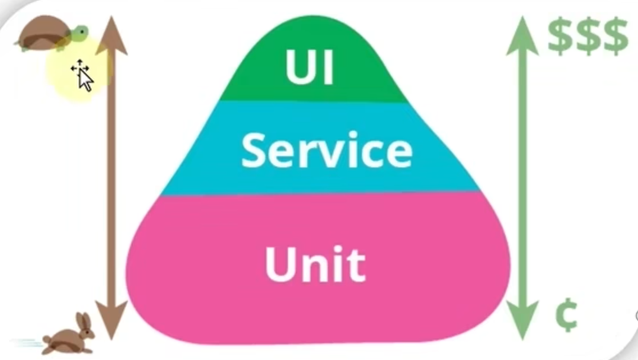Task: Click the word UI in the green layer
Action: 310,66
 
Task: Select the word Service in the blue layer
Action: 327,149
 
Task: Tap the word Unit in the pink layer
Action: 314,263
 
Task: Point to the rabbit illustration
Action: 69,336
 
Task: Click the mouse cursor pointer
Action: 82,75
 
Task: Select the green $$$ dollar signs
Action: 588,35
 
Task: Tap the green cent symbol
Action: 565,317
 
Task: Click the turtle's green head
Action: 79,32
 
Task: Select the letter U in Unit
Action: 279,263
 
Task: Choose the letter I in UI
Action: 327,66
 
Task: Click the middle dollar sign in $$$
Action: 588,35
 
